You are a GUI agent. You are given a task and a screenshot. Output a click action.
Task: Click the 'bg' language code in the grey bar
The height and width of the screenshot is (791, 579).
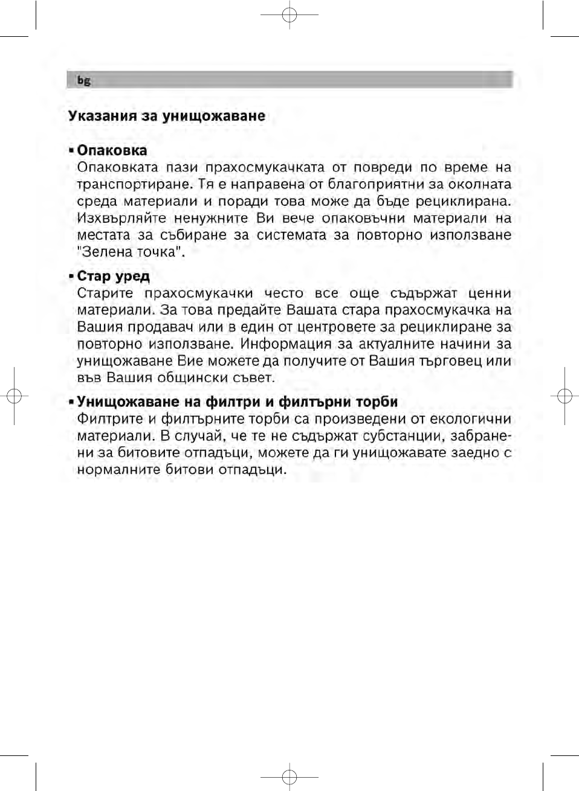click(83, 80)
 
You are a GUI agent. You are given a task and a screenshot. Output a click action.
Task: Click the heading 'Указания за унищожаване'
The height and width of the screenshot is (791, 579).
click(167, 116)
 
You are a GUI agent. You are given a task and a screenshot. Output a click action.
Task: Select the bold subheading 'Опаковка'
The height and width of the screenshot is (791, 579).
click(112, 150)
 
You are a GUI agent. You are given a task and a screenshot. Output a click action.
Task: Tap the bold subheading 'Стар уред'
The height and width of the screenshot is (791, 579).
click(114, 277)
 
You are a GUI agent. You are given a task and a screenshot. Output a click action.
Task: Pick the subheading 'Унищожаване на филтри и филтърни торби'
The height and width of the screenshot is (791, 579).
click(238, 402)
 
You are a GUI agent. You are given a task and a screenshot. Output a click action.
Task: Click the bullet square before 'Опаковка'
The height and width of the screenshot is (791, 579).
click(71, 150)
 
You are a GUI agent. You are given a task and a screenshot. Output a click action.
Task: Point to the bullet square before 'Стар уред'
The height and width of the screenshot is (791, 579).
click(71, 277)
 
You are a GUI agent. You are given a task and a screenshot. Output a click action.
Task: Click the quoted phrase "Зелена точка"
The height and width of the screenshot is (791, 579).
click(130, 252)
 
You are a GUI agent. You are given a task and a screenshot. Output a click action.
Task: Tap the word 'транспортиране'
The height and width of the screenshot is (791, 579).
click(126, 184)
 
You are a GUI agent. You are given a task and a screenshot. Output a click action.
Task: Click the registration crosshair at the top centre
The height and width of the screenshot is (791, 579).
click(289, 16)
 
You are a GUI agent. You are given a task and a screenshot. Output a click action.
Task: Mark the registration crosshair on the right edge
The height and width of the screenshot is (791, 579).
click(564, 396)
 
